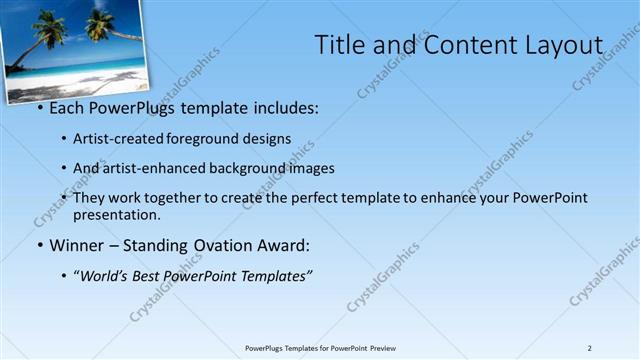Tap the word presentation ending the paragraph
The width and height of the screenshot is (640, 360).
tap(116, 214)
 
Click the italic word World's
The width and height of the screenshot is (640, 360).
tap(107, 275)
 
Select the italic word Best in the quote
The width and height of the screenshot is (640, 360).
tap(153, 275)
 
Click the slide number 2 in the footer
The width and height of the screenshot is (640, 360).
tap(590, 348)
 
